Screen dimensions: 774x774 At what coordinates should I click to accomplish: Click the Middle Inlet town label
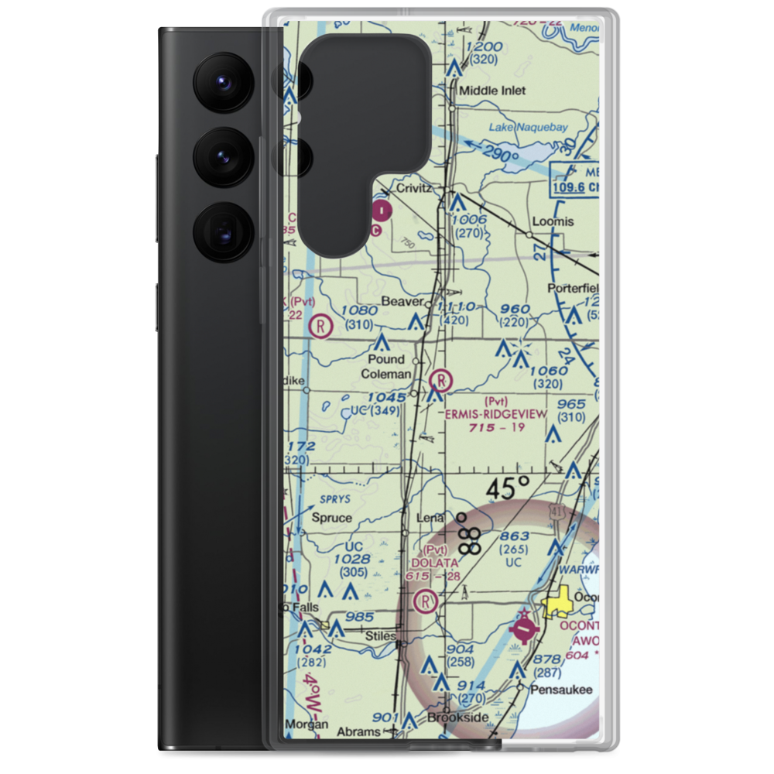coord(492,91)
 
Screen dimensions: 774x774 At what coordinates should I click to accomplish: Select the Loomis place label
coord(553,221)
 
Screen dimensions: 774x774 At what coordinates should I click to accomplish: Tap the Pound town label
coord(386,359)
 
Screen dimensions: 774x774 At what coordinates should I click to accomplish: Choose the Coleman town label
coord(386,374)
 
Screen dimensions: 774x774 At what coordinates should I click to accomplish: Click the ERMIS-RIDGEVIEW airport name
coord(495,414)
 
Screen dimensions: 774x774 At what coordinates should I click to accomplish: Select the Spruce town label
coord(331,518)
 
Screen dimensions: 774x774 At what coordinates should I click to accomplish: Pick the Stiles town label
coord(381,635)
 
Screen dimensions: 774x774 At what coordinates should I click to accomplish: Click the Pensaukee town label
coord(560,689)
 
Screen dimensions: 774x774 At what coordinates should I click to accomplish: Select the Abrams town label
coord(359,731)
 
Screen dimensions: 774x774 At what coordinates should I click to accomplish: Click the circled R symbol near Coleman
coord(440,380)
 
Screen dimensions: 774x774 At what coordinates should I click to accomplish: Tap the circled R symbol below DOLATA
coord(424,600)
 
